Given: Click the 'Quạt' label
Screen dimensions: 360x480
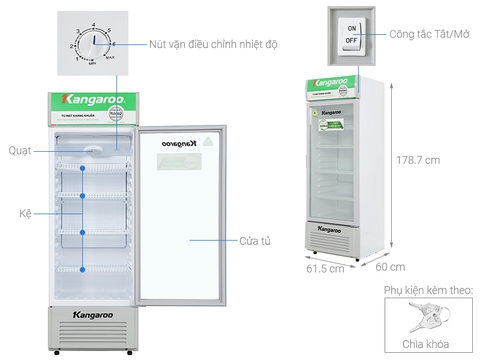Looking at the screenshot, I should tap(18, 150).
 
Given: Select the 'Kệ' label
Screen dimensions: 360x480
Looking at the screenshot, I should tap(23, 213).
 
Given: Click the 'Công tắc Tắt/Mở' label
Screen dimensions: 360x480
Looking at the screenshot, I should tap(425, 34).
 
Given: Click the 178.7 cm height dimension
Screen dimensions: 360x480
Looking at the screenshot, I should tap(417, 160).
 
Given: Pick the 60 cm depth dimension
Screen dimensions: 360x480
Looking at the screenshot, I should tap(391, 267).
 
